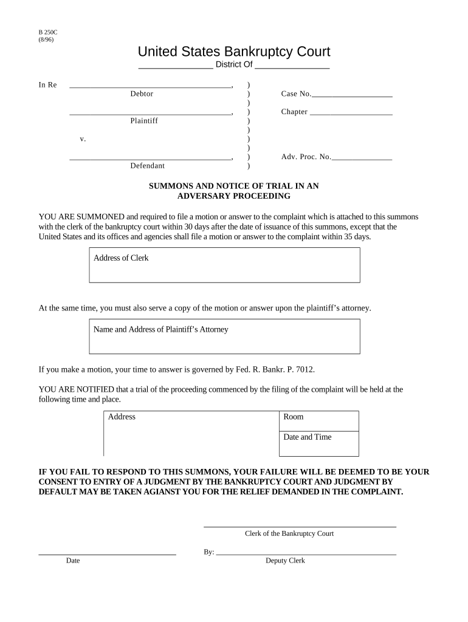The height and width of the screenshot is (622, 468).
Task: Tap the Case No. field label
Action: [x=296, y=94]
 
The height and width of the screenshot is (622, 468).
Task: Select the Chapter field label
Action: [x=294, y=112]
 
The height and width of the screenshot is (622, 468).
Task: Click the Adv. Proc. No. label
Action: [x=306, y=157]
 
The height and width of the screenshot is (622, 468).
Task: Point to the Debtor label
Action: [x=142, y=94]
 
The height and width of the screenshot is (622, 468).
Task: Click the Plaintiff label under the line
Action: [x=144, y=121]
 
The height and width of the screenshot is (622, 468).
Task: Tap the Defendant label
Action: [x=147, y=166]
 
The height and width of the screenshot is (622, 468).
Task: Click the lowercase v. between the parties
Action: [x=83, y=139]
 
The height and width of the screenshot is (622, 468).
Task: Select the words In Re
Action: [x=47, y=85]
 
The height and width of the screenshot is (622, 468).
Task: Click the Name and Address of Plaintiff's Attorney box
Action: [x=224, y=337]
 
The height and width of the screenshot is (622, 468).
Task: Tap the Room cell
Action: [x=318, y=420]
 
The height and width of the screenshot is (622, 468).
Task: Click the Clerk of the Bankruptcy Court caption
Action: [x=289, y=534]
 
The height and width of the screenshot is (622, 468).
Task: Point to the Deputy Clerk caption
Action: [x=285, y=561]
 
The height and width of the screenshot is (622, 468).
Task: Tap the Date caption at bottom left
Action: [x=73, y=561]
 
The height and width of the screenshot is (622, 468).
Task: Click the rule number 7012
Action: [x=305, y=369]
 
